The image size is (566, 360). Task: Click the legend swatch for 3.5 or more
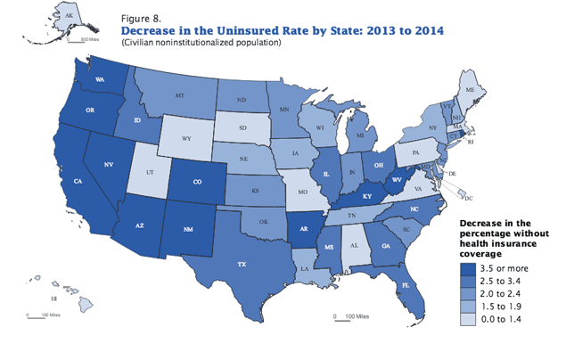point(469,266)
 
